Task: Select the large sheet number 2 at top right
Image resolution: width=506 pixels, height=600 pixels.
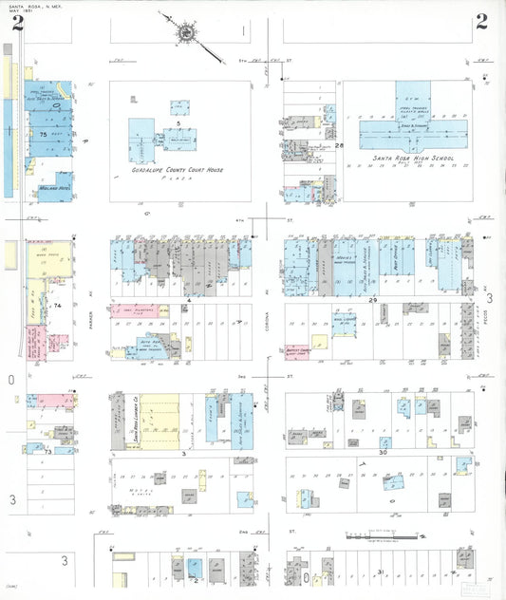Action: [482, 22]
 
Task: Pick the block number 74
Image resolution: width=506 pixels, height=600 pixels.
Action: [57, 306]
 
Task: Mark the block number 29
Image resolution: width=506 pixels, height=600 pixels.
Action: [373, 300]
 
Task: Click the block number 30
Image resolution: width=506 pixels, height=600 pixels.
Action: [382, 453]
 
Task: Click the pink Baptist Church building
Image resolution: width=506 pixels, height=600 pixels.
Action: [296, 353]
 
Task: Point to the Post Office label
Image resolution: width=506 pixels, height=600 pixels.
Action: [386, 269]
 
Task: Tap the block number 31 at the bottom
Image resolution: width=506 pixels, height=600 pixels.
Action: [380, 572]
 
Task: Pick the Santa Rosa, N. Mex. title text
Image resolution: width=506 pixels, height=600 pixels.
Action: [28, 5]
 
